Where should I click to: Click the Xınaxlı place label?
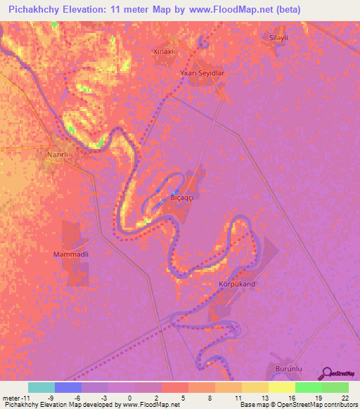pyautogui.click(x=165, y=51)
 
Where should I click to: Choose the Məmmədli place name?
pyautogui.click(x=70, y=254)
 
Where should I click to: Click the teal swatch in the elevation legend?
pyautogui.click(x=41, y=387)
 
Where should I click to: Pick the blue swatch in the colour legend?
pyautogui.click(x=68, y=387)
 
